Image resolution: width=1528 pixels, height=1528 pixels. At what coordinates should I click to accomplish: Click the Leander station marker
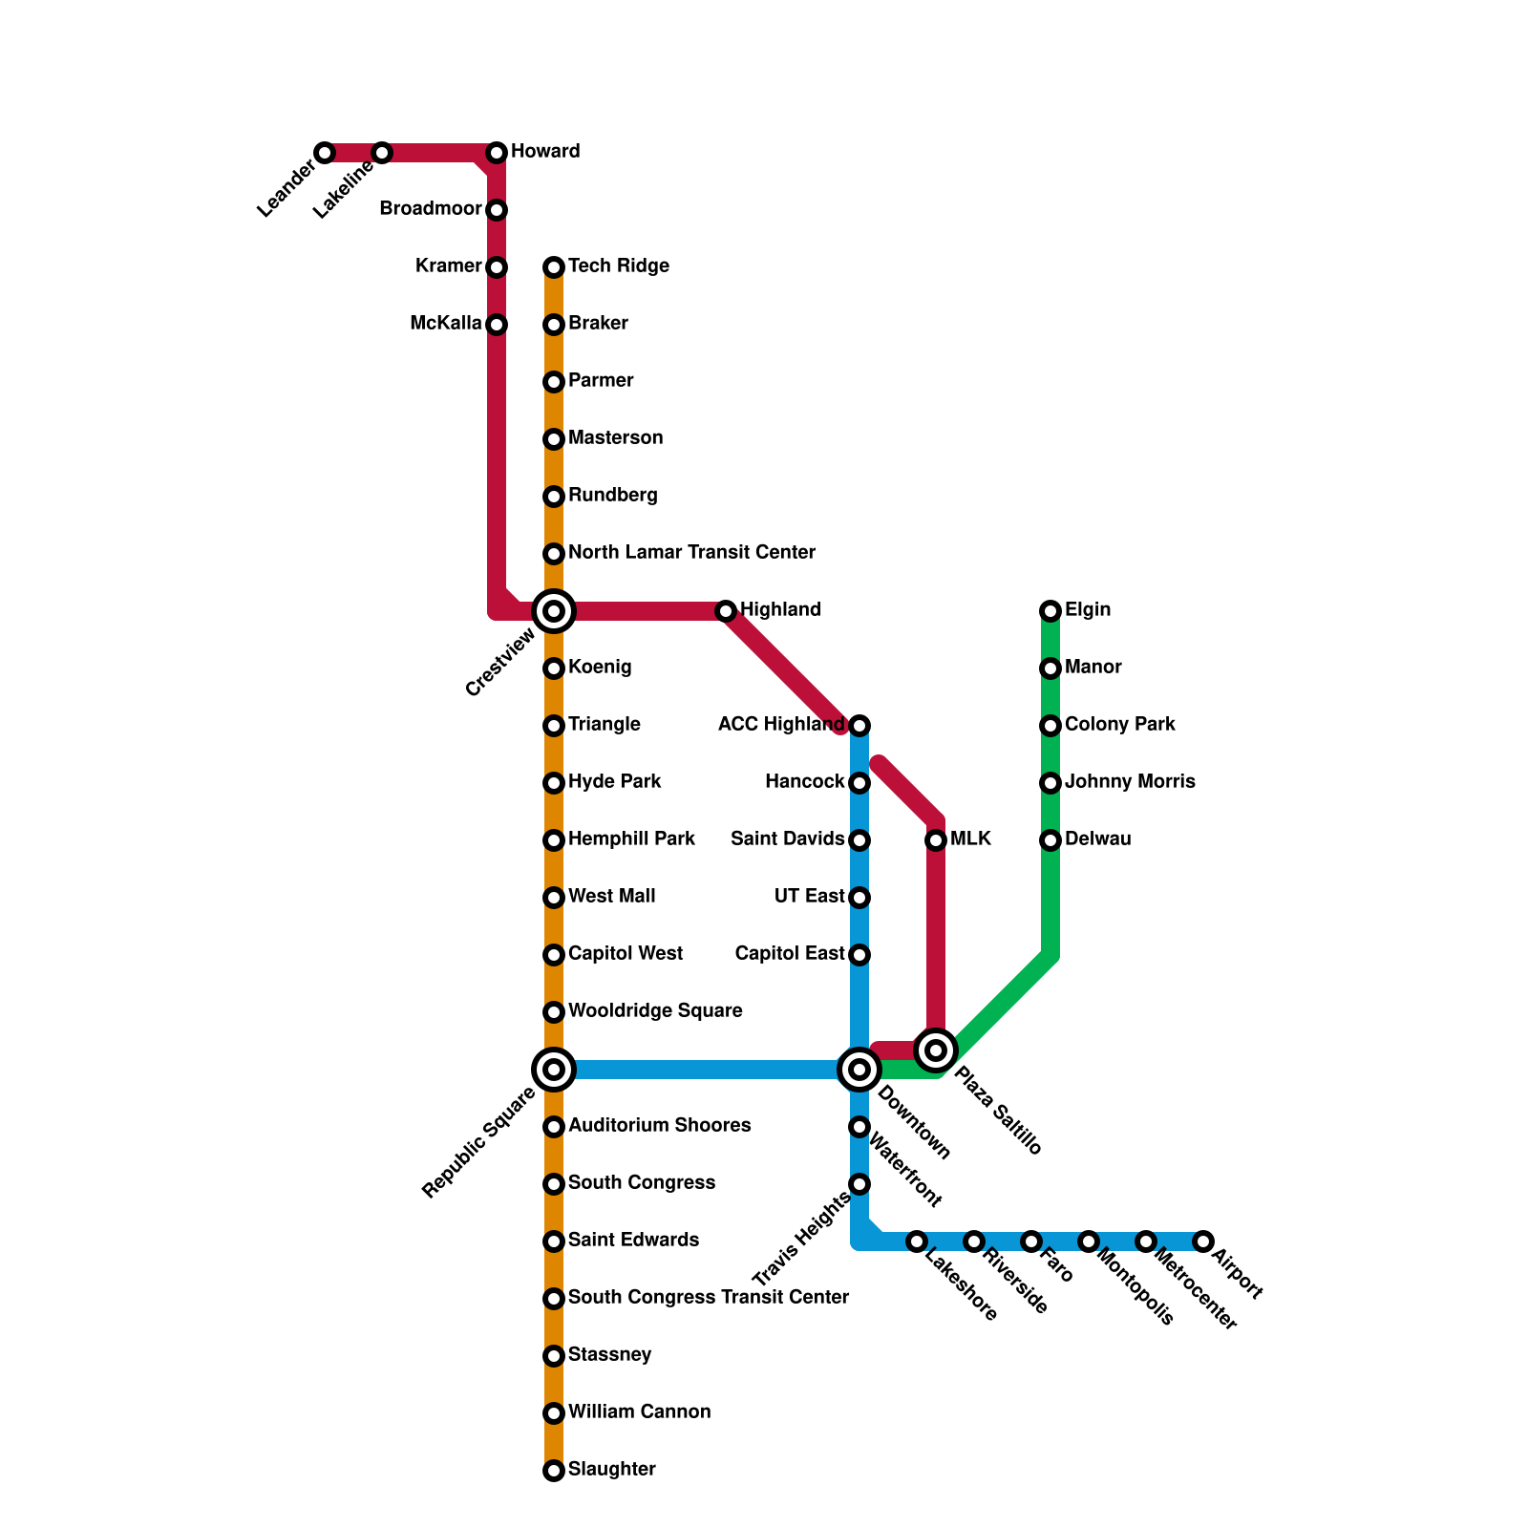pos(325,153)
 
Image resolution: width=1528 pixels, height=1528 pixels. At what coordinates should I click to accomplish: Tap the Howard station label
pos(545,152)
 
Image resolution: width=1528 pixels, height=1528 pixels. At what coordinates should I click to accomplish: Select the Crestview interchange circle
pos(554,611)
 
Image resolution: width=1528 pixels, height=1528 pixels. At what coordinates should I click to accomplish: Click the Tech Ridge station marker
pos(554,267)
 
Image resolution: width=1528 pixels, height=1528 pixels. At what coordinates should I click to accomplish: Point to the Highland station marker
pos(726,611)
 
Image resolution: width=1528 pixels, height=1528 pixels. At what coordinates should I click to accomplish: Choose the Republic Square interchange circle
pos(554,1070)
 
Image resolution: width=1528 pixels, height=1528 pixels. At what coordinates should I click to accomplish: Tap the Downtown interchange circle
pos(859,1070)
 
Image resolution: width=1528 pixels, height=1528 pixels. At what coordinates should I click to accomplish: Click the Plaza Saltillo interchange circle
pos(936,1050)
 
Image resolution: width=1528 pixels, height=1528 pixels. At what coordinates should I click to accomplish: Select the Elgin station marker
pos(1050,611)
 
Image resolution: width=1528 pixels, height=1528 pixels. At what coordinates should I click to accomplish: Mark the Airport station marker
pos(1203,1241)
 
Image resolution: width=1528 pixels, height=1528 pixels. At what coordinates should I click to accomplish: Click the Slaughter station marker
pos(554,1471)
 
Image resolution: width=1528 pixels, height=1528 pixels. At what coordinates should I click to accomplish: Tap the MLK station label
pos(970,839)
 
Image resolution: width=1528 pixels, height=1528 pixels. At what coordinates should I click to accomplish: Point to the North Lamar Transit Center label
pos(691,553)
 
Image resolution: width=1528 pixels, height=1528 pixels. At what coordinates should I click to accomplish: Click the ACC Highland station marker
pos(859,726)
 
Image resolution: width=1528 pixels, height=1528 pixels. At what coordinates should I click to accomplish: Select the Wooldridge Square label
pos(655,1011)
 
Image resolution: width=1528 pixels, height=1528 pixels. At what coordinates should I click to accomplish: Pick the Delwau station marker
pos(1050,840)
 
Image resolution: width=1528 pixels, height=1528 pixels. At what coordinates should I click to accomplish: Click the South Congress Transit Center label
pos(708,1298)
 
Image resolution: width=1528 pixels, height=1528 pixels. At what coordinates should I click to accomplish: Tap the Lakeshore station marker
pos(917,1241)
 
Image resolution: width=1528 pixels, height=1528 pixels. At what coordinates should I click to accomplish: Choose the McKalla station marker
pos(497,325)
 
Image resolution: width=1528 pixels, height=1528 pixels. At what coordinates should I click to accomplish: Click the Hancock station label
pos(804,782)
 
